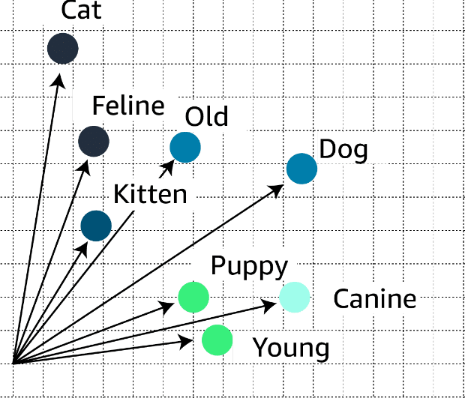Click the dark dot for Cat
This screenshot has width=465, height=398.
[62, 49]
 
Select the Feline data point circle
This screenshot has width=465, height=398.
[94, 140]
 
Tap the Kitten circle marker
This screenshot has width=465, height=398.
[96, 226]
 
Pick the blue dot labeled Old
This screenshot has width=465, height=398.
[185, 147]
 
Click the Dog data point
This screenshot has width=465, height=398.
[302, 169]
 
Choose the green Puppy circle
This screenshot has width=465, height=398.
[193, 298]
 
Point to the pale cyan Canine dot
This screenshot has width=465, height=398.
[294, 297]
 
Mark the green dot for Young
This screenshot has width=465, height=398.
[217, 340]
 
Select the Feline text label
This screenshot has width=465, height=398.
[127, 106]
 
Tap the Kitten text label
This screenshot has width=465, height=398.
[150, 194]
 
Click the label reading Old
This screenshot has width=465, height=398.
[206, 117]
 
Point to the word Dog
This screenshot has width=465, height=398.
[343, 150]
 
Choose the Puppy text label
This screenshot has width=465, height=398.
[249, 266]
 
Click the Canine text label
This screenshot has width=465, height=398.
[374, 299]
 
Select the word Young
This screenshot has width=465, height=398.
[291, 348]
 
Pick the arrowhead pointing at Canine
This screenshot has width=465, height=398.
[270, 304]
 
